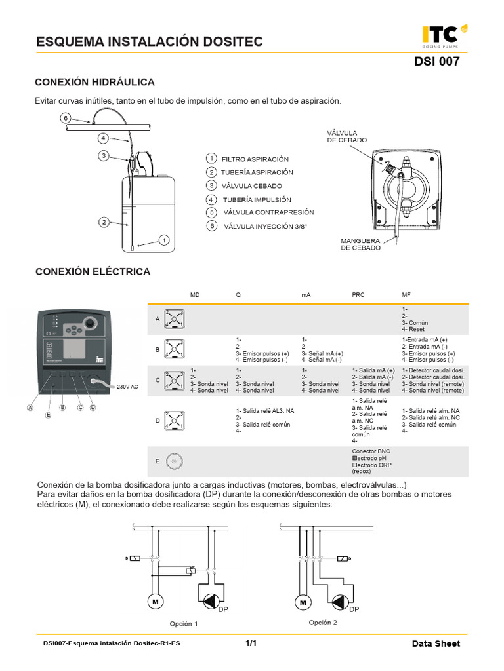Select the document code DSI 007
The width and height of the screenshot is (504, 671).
point(437,62)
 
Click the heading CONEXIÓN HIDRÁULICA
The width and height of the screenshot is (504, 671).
point(94,82)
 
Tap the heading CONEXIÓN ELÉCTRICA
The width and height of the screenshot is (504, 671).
point(93,271)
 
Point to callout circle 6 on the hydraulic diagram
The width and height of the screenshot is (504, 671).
point(65,119)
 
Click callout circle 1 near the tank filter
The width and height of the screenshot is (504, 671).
point(164,240)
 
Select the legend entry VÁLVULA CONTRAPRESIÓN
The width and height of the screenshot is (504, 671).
point(268,212)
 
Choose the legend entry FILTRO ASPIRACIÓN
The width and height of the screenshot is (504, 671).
point(255,159)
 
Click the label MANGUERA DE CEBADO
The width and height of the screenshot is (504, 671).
point(360,244)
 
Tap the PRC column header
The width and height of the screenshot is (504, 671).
point(358,295)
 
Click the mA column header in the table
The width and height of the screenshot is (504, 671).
point(306,295)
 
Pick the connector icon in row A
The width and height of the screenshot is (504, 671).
point(174,318)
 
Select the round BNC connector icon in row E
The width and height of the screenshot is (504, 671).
point(174,461)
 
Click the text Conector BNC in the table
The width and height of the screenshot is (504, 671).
point(372,451)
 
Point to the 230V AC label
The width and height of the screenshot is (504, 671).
point(127,387)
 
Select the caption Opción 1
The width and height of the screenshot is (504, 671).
point(183,624)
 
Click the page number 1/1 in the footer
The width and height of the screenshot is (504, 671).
point(251,643)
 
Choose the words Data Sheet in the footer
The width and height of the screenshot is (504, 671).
point(436,643)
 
